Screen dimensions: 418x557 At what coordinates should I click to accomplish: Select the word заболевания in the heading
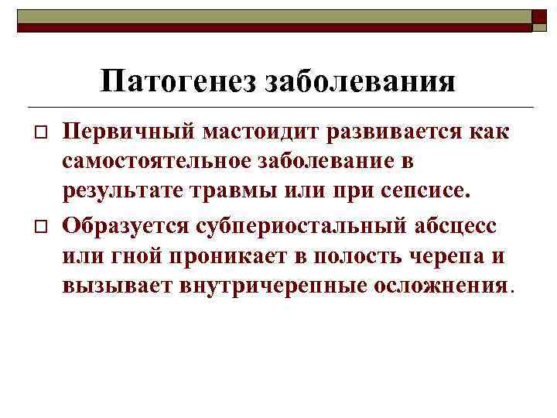tap(361, 80)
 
